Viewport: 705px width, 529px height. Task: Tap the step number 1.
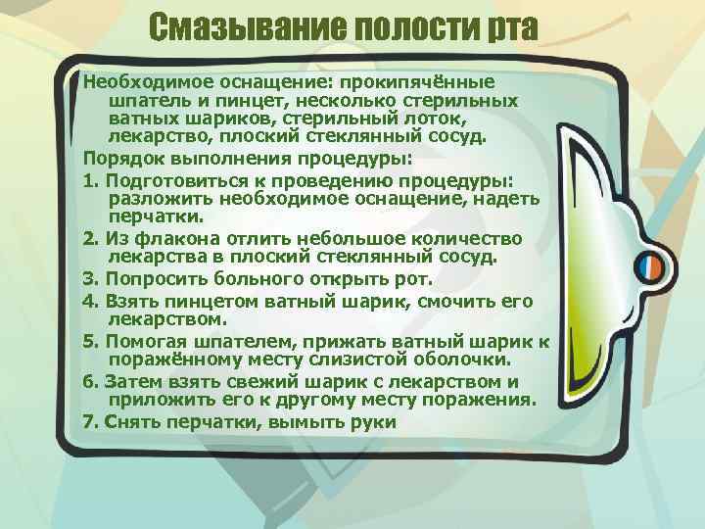click(x=89, y=181)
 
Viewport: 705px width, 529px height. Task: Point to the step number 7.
click(x=89, y=422)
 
